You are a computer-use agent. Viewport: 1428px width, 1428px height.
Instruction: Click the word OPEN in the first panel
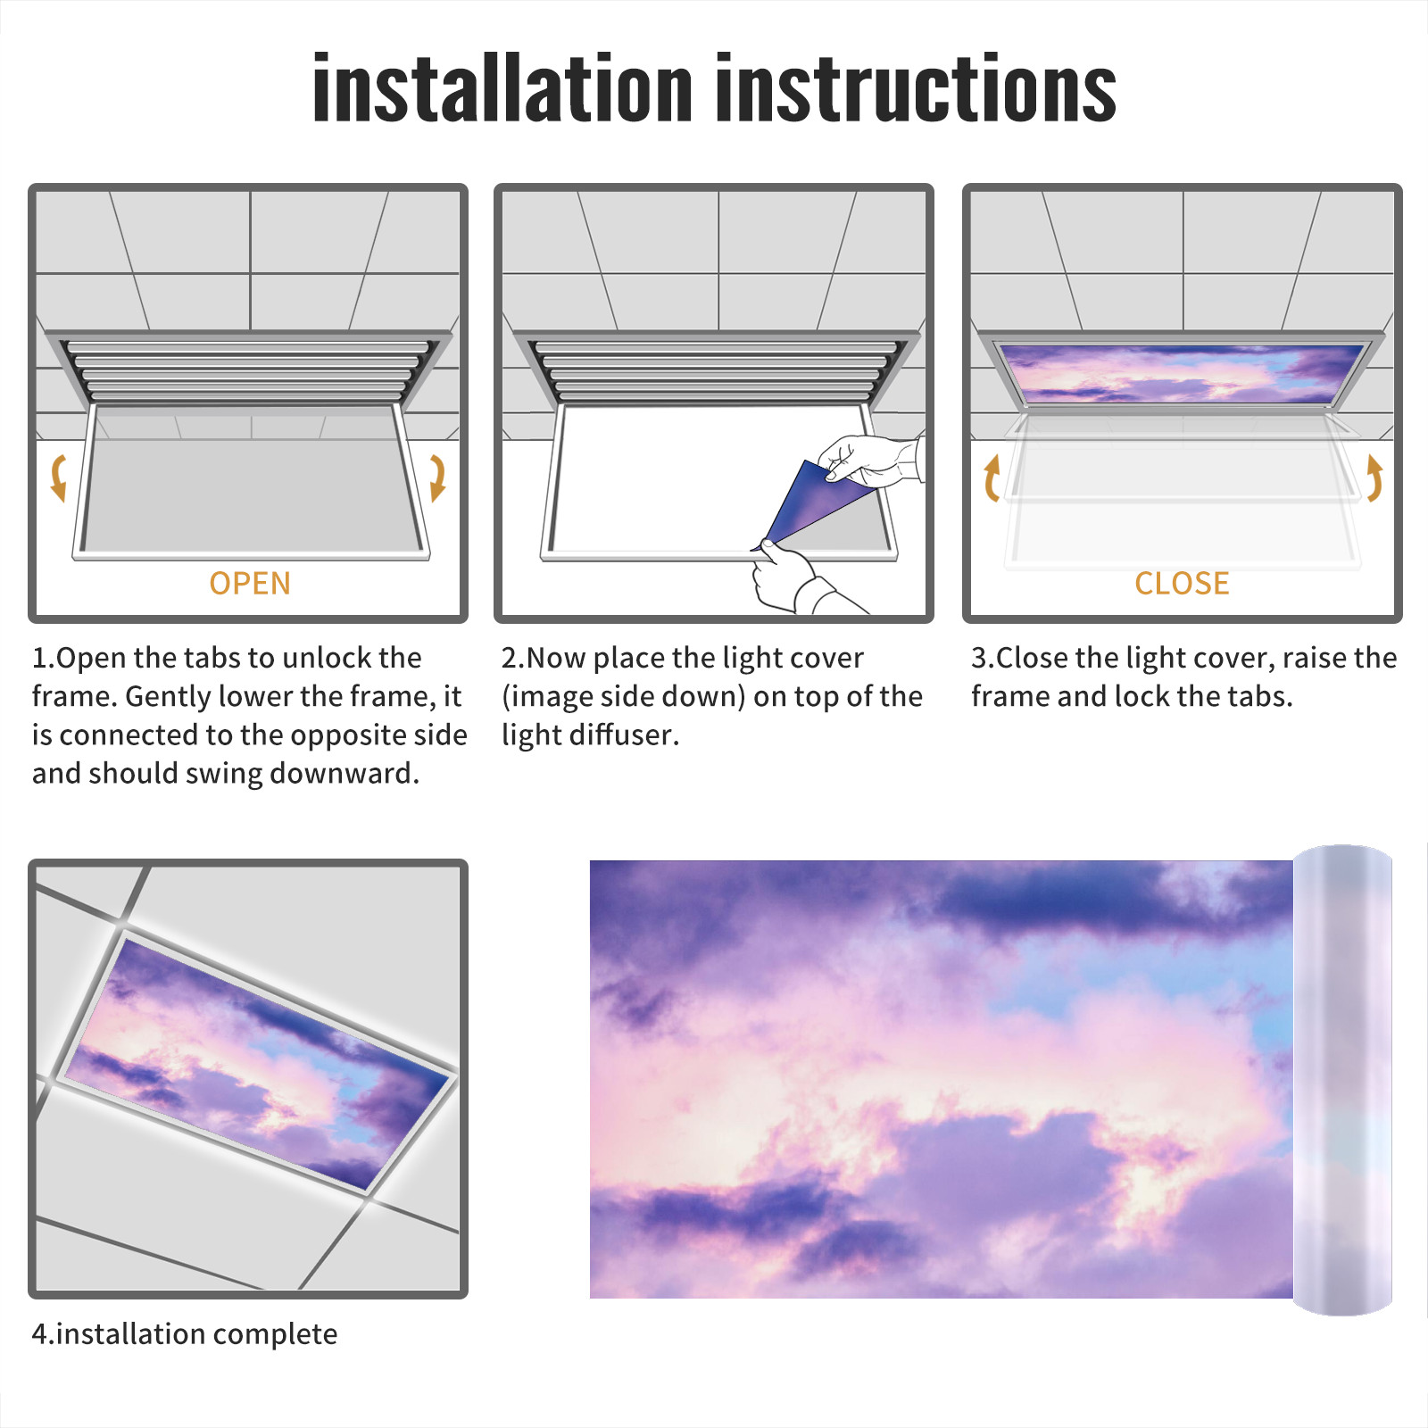[x=250, y=584]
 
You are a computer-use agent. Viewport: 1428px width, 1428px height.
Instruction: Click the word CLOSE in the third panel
[x=1182, y=584]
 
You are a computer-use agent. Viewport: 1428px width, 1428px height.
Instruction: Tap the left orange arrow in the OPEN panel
[x=59, y=477]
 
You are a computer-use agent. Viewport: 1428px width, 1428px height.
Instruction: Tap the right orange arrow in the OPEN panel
[x=437, y=477]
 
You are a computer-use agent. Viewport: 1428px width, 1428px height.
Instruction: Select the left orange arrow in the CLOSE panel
[x=991, y=477]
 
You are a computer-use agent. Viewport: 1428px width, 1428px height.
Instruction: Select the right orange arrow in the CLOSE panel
[x=1374, y=477]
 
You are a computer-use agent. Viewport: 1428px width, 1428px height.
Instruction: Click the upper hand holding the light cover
[x=870, y=460]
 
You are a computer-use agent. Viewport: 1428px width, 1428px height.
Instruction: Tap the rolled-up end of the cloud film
[x=1342, y=1080]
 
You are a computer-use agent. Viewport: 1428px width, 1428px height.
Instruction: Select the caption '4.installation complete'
[x=185, y=1334]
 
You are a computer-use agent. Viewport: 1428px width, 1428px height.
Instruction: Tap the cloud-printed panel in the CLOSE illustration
[x=1183, y=373]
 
